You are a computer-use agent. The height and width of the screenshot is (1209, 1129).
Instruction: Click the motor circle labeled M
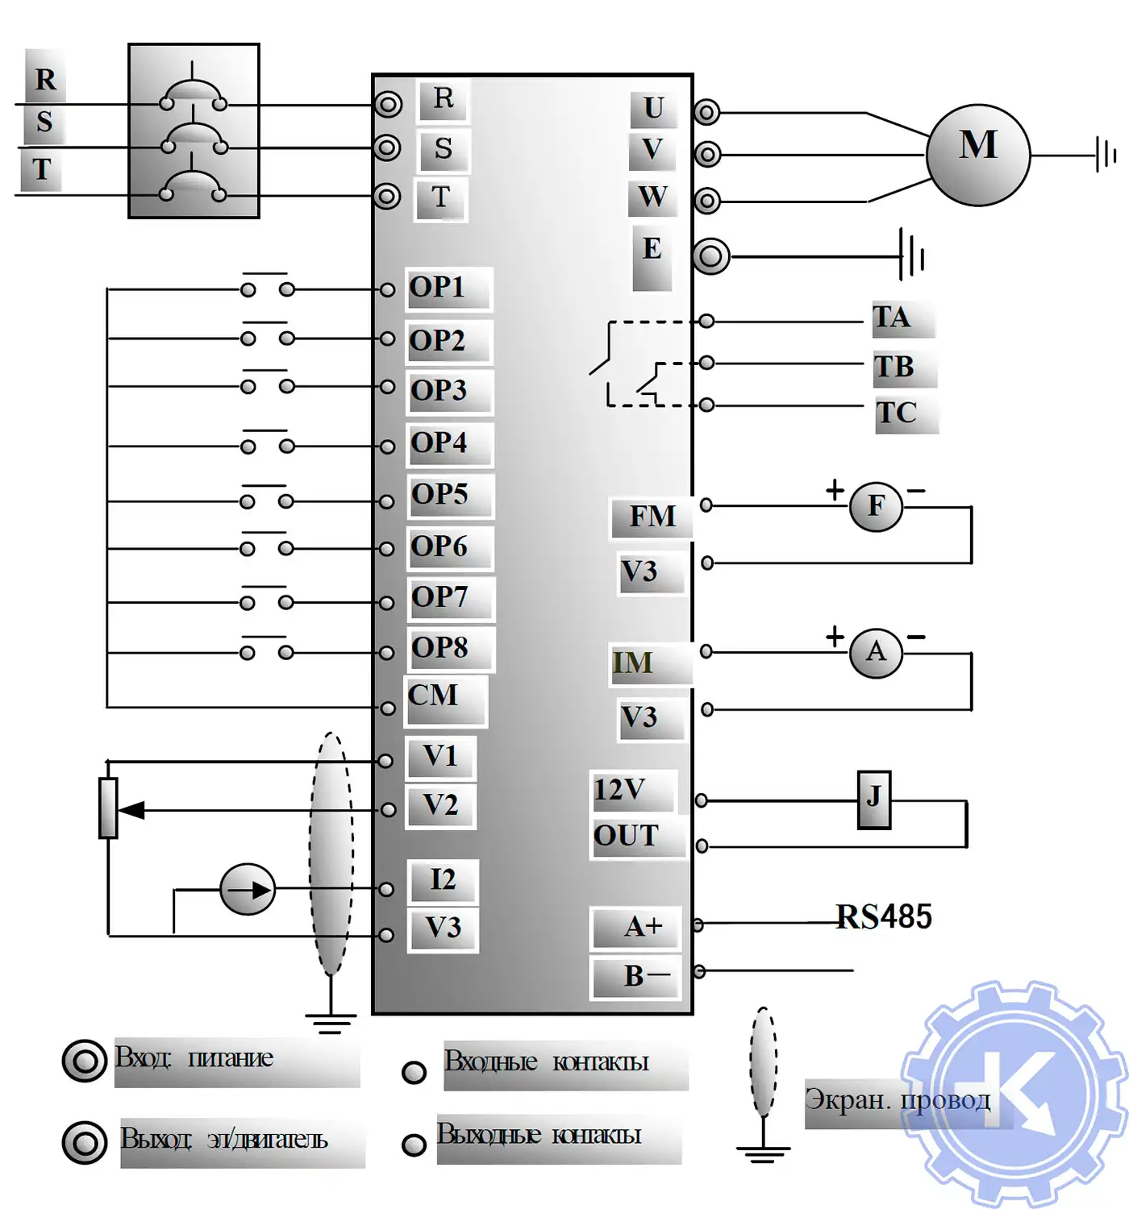click(977, 154)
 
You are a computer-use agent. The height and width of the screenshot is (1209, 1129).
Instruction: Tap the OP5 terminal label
click(440, 494)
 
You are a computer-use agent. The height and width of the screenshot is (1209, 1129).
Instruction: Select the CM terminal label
click(433, 696)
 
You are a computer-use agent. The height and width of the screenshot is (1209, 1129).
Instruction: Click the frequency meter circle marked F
click(876, 506)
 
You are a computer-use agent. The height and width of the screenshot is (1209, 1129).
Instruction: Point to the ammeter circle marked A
click(876, 652)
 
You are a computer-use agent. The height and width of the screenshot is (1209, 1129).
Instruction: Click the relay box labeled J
click(873, 799)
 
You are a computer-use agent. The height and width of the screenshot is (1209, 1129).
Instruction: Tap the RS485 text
click(884, 917)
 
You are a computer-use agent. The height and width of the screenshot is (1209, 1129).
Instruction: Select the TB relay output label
click(894, 368)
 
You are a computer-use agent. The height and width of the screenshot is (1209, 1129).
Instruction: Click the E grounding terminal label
click(652, 249)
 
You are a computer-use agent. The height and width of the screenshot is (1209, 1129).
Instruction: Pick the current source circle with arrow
click(248, 889)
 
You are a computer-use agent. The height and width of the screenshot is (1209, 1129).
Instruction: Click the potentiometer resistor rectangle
click(108, 808)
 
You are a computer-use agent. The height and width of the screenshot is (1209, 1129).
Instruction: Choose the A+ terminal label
click(643, 927)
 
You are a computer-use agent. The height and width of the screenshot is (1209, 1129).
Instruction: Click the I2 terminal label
click(443, 879)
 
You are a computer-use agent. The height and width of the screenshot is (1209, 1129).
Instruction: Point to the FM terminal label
click(652, 516)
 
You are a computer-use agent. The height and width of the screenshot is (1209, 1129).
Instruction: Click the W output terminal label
click(652, 197)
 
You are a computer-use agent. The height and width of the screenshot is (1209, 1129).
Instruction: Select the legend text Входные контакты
click(547, 1062)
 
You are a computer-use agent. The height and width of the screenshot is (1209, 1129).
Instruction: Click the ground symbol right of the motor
click(1106, 154)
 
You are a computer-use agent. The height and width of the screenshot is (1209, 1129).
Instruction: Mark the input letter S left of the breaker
click(44, 122)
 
